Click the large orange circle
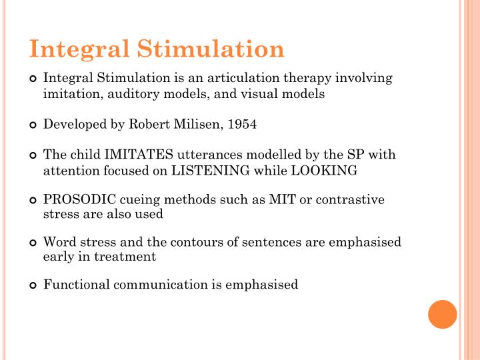(442, 314)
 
